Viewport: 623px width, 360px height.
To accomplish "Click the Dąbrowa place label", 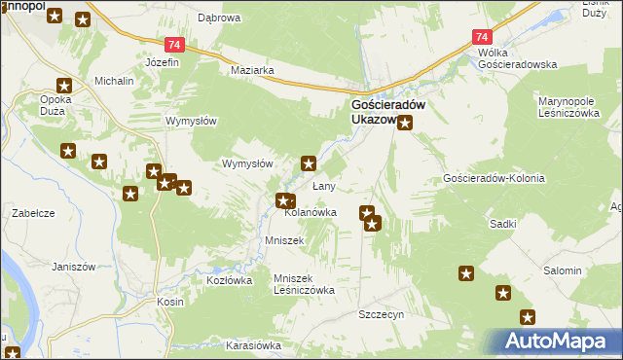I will pos(219,18).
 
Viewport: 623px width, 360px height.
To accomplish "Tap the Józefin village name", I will pos(163,62).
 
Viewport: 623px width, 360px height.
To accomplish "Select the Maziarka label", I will pos(252,71).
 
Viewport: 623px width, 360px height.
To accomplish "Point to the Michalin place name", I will pos(113,81).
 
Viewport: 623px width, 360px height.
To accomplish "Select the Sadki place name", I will pos(503,223).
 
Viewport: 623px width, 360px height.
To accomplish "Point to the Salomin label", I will pos(563,270).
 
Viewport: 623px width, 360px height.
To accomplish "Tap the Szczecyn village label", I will pos(381,315).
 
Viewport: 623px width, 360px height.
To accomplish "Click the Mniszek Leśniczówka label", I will pos(305,283).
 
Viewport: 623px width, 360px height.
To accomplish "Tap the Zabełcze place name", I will pos(31,212).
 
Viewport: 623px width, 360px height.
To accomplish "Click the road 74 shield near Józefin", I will pos(172,46).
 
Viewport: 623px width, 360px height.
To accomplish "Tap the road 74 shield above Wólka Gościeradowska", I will pos(484,37).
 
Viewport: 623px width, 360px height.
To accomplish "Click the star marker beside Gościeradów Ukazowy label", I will pos(406,123).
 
